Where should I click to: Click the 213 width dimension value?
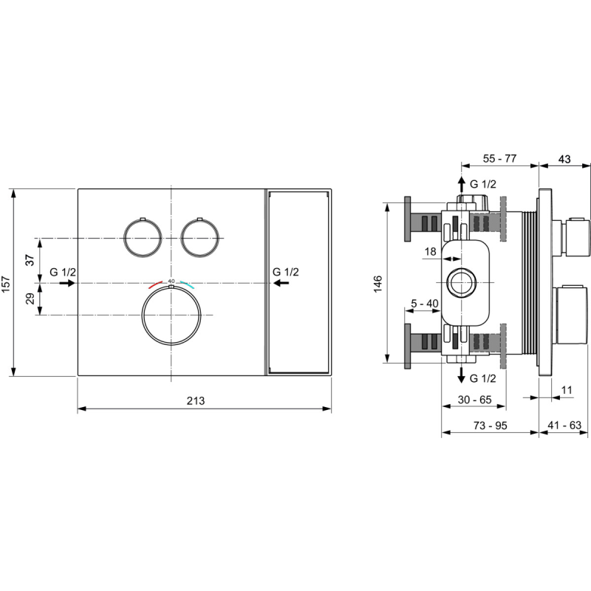tap(196, 400)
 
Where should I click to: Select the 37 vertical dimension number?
tap(30, 260)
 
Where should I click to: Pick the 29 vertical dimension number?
tap(30, 298)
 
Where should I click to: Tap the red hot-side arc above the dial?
tap(155, 284)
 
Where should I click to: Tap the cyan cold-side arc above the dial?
tap(188, 284)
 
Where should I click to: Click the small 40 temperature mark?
tap(171, 281)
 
